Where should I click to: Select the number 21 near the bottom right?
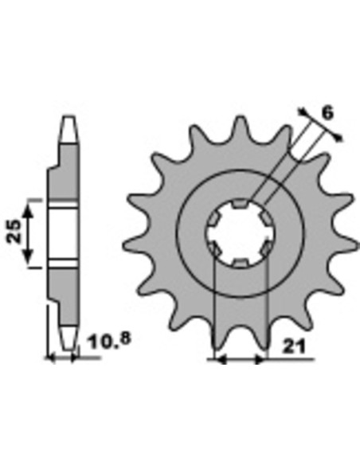294,346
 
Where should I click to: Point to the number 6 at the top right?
327,113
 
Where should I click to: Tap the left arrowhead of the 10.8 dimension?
50,358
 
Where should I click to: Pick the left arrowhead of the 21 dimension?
221,360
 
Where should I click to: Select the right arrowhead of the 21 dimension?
260,360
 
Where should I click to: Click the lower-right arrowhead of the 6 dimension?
338,137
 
